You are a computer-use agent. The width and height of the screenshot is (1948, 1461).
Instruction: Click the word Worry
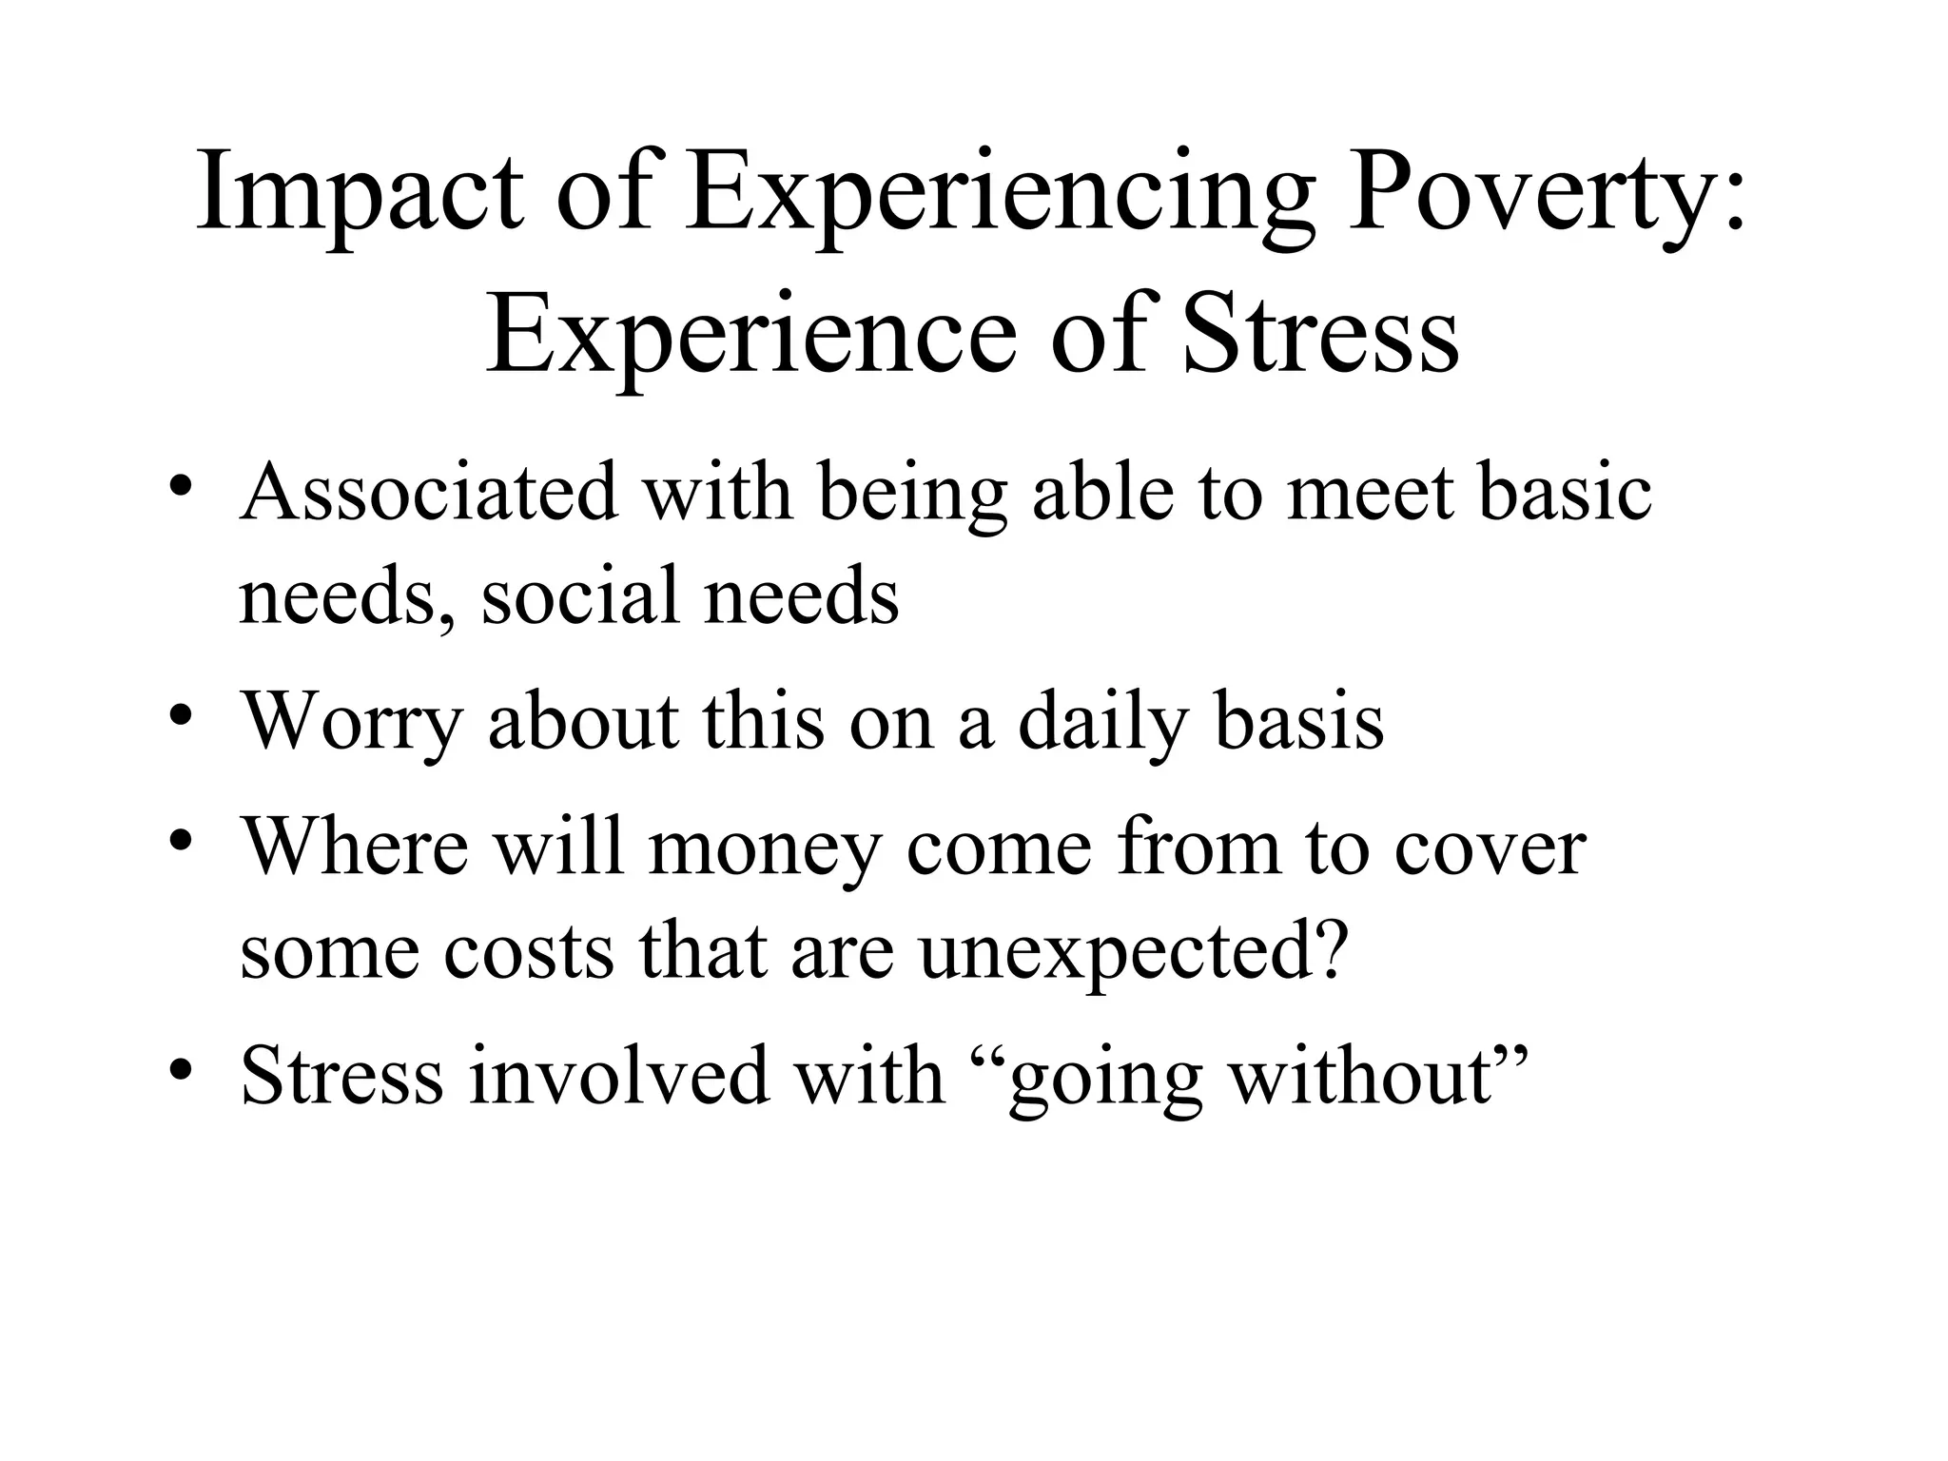coord(351,723)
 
